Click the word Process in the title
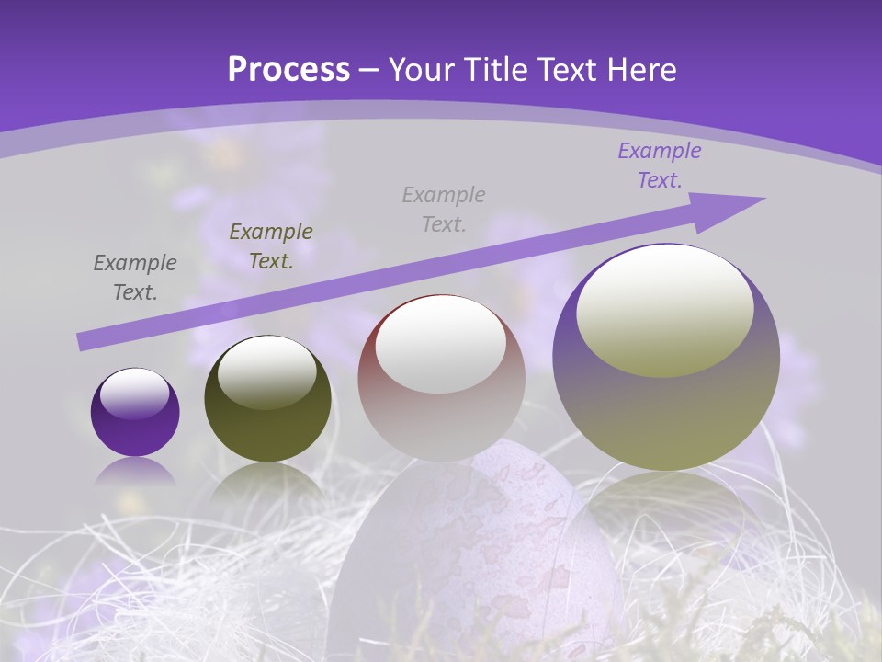(288, 70)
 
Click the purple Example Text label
(660, 165)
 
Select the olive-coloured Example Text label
(271, 246)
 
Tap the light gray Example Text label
(444, 209)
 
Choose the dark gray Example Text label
(135, 278)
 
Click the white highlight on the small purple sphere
(134, 394)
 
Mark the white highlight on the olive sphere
(266, 372)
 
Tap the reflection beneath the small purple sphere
(135, 472)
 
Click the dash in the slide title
(369, 70)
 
